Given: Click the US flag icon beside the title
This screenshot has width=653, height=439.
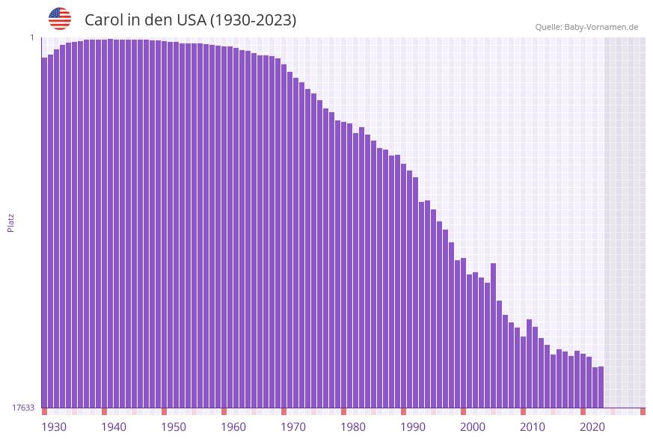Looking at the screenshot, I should click(60, 19).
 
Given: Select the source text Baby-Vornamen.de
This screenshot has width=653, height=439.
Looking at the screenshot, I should click(601, 27).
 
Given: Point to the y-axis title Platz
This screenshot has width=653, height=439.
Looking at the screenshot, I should click(10, 222).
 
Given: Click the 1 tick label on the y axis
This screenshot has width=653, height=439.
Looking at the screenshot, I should click(32, 37).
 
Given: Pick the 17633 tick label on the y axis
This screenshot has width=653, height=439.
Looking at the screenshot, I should click(23, 408).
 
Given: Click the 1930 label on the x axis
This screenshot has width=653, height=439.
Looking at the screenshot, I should click(54, 427).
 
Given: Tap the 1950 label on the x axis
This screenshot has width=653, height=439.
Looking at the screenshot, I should click(174, 427).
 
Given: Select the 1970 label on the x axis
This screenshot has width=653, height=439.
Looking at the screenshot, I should click(293, 427).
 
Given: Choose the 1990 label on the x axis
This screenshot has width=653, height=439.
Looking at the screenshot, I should click(413, 427).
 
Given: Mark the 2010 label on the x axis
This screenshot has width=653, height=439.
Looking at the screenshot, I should click(533, 427).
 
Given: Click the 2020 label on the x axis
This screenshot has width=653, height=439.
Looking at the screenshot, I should click(592, 427).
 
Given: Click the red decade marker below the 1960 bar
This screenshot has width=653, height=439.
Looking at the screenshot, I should click(224, 411).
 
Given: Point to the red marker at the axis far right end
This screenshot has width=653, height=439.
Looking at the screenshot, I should click(643, 411).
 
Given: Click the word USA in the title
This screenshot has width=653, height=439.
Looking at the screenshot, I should click(188, 20).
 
